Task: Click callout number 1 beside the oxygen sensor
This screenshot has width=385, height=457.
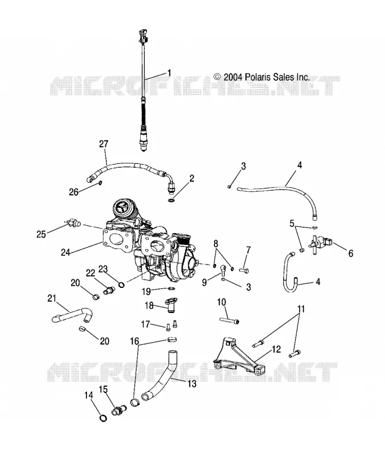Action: (x=169, y=73)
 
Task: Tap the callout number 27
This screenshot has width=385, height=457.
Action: (x=104, y=144)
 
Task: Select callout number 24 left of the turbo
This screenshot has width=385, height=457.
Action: (x=65, y=252)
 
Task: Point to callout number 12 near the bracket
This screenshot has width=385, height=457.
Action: (x=276, y=349)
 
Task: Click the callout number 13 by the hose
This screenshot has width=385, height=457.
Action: (x=192, y=384)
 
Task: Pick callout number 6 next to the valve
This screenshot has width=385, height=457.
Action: (x=351, y=253)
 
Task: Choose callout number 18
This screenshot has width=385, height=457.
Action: (x=149, y=305)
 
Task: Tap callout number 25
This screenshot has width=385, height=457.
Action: (x=41, y=234)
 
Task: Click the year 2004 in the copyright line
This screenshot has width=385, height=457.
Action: (x=233, y=77)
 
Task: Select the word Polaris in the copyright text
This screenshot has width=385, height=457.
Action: (x=258, y=77)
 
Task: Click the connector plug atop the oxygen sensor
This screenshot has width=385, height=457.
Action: (x=144, y=35)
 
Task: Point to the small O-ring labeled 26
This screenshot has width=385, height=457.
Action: (x=100, y=183)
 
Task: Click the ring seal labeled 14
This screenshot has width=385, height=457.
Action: (x=104, y=418)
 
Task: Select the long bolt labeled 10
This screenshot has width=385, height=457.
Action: (x=229, y=320)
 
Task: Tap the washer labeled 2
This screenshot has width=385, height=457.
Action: (x=172, y=201)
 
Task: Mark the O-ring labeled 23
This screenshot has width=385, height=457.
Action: (x=122, y=284)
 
